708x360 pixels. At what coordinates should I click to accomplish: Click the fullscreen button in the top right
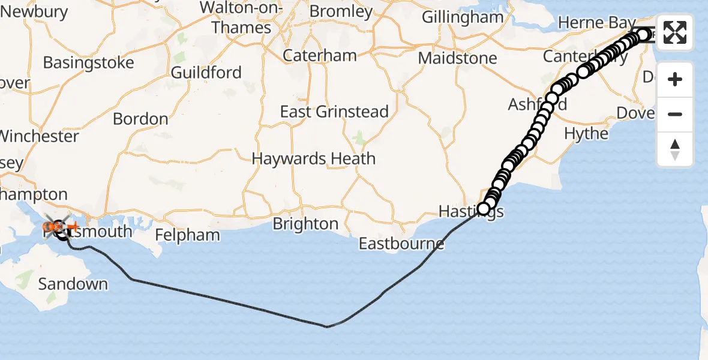click(x=675, y=32)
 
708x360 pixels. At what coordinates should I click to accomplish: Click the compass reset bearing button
click(x=675, y=149)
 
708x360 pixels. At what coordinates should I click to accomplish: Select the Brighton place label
click(x=305, y=224)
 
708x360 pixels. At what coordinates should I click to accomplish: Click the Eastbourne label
click(x=401, y=244)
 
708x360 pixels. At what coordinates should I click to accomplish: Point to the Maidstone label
click(x=458, y=58)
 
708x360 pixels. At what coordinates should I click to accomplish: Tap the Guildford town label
click(x=206, y=73)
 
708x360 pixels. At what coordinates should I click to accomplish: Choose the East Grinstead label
click(x=335, y=112)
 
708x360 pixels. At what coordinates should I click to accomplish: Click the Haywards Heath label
click(x=314, y=159)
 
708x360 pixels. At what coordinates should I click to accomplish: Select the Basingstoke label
click(x=88, y=62)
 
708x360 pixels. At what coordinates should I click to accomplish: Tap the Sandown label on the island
click(x=73, y=284)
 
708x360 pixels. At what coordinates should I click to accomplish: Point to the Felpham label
click(x=187, y=235)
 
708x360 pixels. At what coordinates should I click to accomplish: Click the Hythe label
click(x=586, y=133)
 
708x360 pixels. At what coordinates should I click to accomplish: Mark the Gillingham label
click(x=462, y=17)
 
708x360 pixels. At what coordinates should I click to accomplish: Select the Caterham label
click(x=320, y=55)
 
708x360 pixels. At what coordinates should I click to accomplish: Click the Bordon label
click(x=140, y=119)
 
